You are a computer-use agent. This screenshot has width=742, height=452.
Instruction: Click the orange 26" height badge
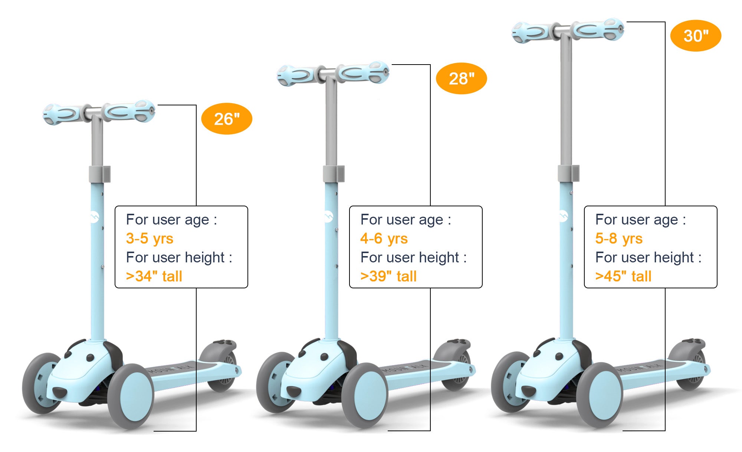pyautogui.click(x=226, y=119)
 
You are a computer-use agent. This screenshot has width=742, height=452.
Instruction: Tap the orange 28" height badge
pyautogui.click(x=461, y=78)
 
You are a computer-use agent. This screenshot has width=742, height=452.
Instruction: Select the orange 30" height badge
pyautogui.click(x=696, y=36)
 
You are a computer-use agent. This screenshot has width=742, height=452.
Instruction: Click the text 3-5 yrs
pyautogui.click(x=150, y=238)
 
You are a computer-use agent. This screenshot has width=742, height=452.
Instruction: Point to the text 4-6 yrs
pyautogui.click(x=384, y=238)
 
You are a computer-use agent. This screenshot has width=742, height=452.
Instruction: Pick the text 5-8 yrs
pyautogui.click(x=619, y=238)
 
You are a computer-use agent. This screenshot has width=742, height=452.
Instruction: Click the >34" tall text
pyautogui.click(x=154, y=276)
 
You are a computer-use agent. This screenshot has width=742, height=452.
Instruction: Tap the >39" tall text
pyautogui.click(x=388, y=276)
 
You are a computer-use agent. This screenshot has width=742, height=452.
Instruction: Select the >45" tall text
pyautogui.click(x=623, y=276)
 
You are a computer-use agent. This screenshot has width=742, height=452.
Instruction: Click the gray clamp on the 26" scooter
pyautogui.click(x=99, y=174)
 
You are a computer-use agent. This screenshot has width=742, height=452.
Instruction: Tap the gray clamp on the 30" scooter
pyautogui.click(x=568, y=173)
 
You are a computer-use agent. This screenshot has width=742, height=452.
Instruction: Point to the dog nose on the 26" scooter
pyautogui.click(x=59, y=392)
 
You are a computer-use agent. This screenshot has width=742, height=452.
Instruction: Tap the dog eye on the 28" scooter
pyautogui.click(x=324, y=357)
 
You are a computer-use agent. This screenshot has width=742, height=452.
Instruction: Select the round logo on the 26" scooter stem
pyautogui.click(x=94, y=217)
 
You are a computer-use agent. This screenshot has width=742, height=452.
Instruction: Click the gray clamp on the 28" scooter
pyautogui.click(x=334, y=174)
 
